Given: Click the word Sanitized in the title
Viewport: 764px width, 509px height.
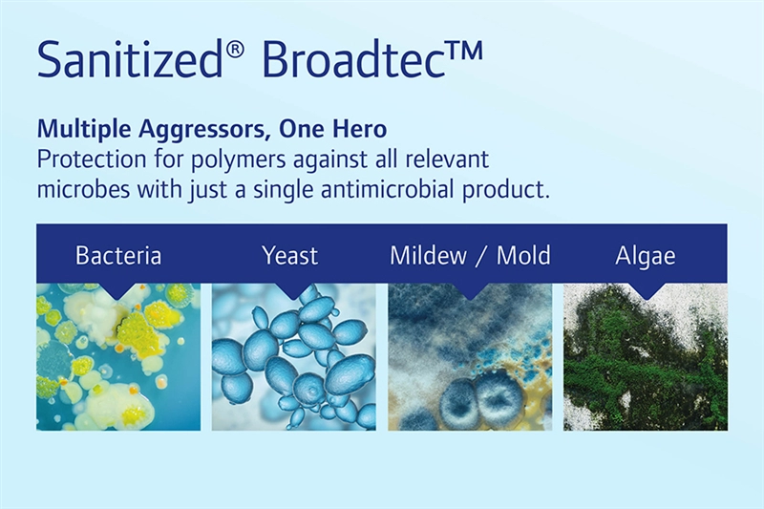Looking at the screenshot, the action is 130,59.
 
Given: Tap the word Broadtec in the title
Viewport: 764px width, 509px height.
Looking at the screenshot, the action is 354,59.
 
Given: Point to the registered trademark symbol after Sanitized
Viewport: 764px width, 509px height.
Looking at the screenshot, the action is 234,51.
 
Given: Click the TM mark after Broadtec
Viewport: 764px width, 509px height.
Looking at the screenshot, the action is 465,51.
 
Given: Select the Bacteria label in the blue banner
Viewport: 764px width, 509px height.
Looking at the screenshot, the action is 118,255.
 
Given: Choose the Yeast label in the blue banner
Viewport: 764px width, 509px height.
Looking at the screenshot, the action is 290,255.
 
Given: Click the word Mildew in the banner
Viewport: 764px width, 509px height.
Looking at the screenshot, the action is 428,255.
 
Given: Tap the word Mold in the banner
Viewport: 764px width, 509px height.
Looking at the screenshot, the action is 523,255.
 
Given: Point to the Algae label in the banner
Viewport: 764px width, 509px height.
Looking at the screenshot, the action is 646,256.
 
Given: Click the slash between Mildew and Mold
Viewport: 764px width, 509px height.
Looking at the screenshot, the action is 482,256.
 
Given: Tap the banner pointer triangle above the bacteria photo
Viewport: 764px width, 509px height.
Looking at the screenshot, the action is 118,290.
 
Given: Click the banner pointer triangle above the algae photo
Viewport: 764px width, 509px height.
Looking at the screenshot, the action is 646,290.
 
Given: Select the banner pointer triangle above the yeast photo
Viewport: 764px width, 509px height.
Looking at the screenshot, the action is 293,290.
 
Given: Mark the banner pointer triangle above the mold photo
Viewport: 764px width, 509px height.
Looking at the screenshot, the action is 470,290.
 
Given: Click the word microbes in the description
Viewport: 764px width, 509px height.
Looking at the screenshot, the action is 83,189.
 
